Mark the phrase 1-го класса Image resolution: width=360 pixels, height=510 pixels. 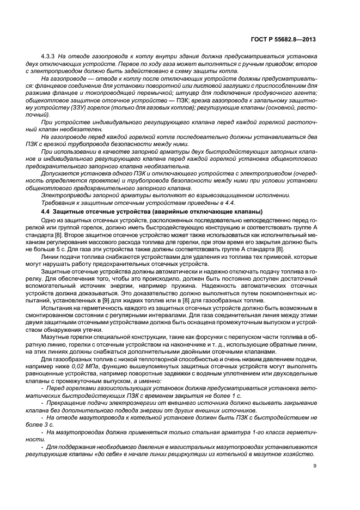[264, 432]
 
